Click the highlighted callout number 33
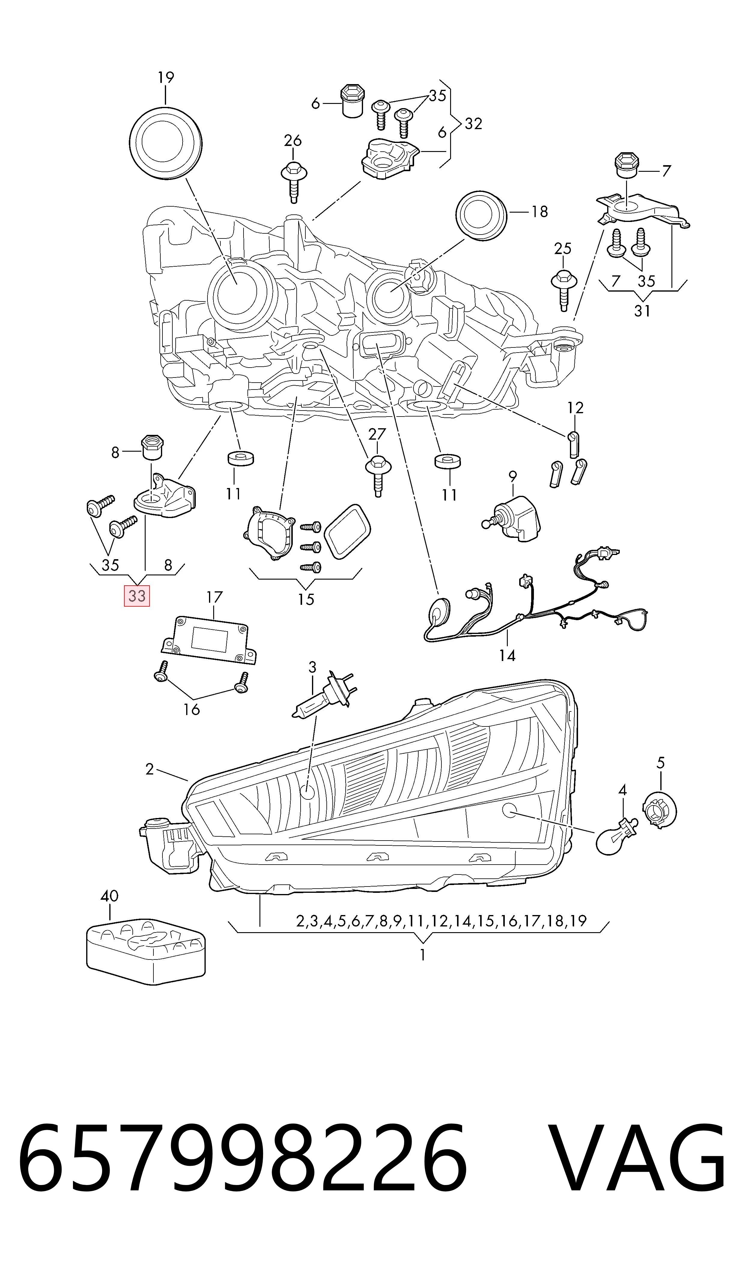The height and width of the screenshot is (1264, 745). click(x=137, y=596)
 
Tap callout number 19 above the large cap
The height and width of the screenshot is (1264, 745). click(x=166, y=78)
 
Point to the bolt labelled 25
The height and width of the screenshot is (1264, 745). click(x=563, y=288)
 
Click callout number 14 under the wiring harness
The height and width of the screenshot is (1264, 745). click(x=507, y=656)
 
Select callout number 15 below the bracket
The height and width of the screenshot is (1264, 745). click(x=306, y=599)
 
